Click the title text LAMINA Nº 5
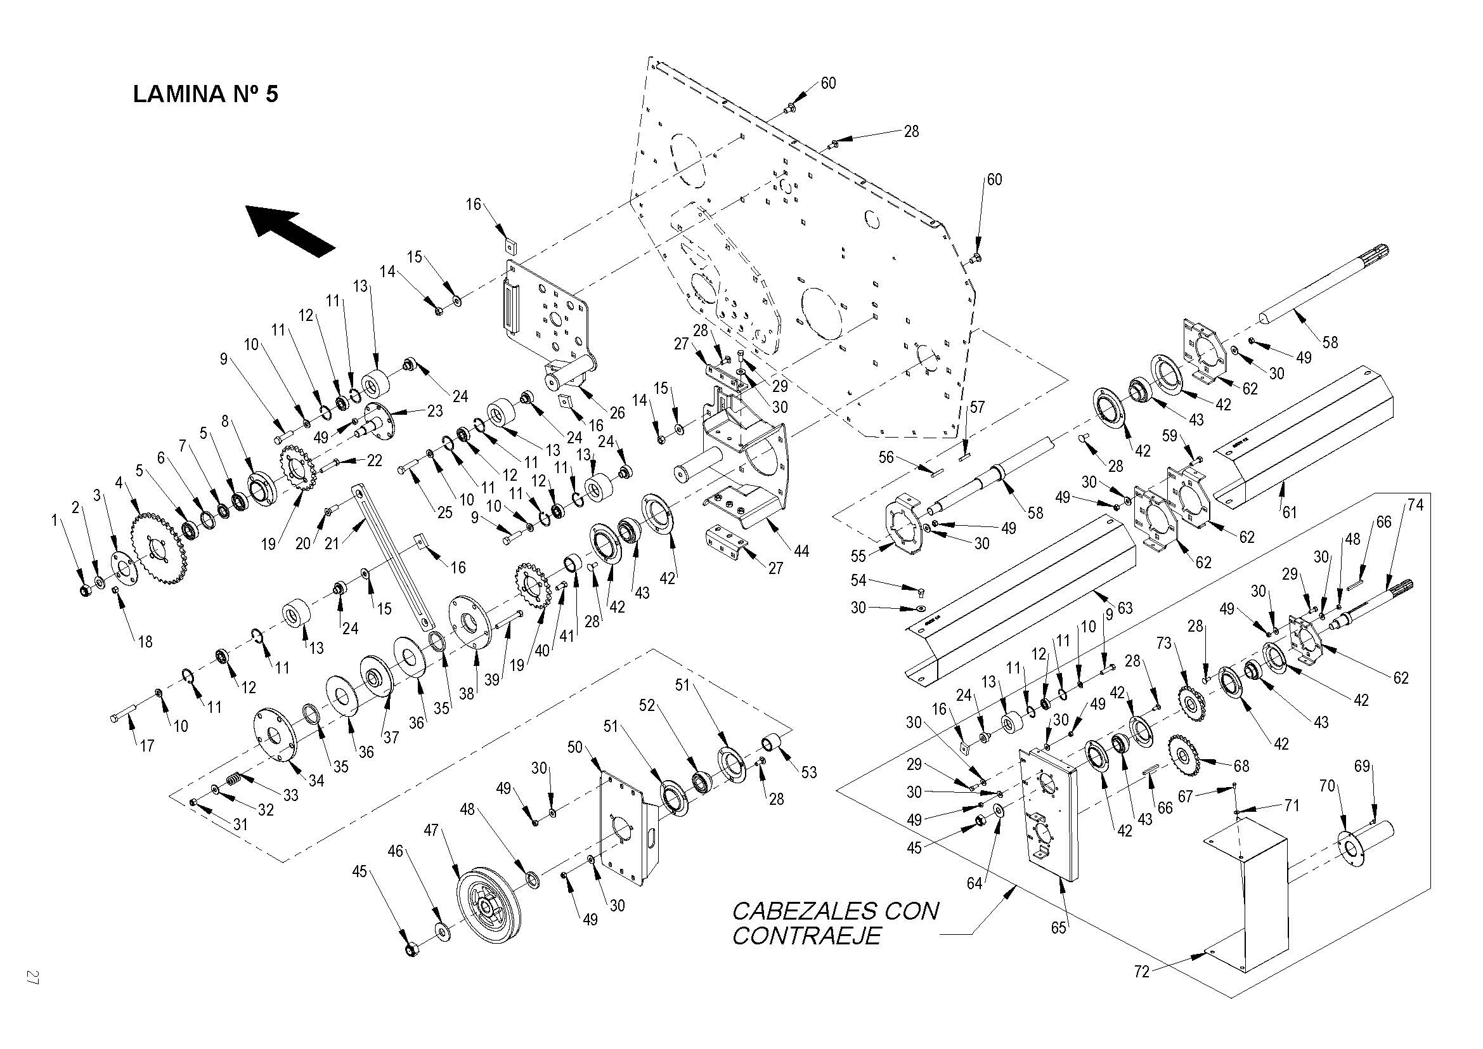coord(205,94)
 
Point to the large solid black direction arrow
coord(290,230)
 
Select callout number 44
coord(801,551)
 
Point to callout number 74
coord(1415,505)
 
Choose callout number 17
coord(147,745)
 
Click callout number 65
coord(1058,928)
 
